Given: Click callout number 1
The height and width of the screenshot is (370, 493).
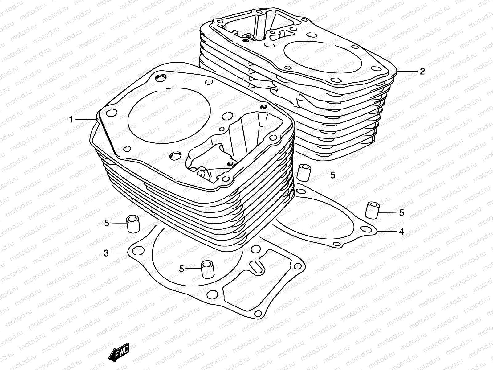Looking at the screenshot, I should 71,119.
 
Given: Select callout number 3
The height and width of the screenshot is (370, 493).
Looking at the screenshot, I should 106,253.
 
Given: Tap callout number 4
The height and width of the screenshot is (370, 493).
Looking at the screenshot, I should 401,231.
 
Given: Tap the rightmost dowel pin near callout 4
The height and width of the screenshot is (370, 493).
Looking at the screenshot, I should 372,211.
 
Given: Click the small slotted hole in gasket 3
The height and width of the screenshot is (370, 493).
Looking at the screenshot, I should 256,267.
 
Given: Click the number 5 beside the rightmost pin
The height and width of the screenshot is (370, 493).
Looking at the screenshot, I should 401,213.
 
